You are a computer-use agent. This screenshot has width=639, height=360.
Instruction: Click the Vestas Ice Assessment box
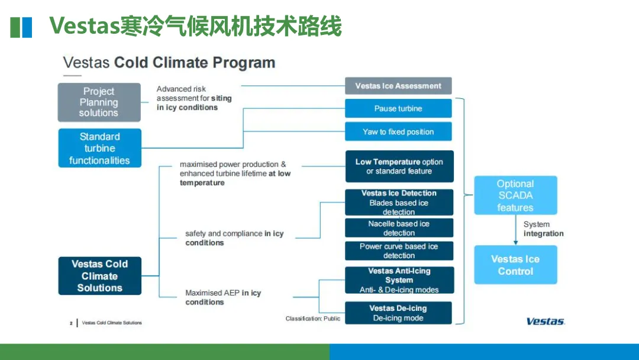coord(398,86)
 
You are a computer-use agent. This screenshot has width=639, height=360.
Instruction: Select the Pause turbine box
coord(398,108)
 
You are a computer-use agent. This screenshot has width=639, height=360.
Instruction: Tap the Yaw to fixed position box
coord(398,131)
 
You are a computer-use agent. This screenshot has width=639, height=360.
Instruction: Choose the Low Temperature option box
coord(399,166)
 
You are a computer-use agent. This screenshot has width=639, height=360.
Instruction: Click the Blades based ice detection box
coord(399,202)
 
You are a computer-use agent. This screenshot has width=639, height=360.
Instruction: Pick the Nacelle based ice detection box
coord(399,228)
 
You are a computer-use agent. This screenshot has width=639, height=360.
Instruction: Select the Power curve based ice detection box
coord(399,250)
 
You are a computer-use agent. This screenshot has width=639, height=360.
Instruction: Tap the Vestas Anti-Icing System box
coord(399,280)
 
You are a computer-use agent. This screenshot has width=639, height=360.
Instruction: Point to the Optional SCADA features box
coord(515,195)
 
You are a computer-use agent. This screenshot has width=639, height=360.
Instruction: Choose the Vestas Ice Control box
coord(515,265)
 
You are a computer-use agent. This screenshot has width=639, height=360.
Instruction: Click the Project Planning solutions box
coord(99,102)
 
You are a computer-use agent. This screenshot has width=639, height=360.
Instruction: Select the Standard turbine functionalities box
coord(99,148)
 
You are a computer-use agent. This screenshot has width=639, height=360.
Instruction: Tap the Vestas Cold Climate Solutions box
coord(99,276)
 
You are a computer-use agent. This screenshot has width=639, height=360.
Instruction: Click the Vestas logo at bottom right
coord(546,322)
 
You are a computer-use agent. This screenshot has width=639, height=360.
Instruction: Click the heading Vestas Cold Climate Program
coord(169,63)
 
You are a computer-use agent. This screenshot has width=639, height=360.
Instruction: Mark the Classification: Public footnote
coord(313,319)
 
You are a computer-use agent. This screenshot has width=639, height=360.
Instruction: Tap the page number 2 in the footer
coord(71,323)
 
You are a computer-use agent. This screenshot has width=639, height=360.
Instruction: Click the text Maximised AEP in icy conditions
coord(223,297)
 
